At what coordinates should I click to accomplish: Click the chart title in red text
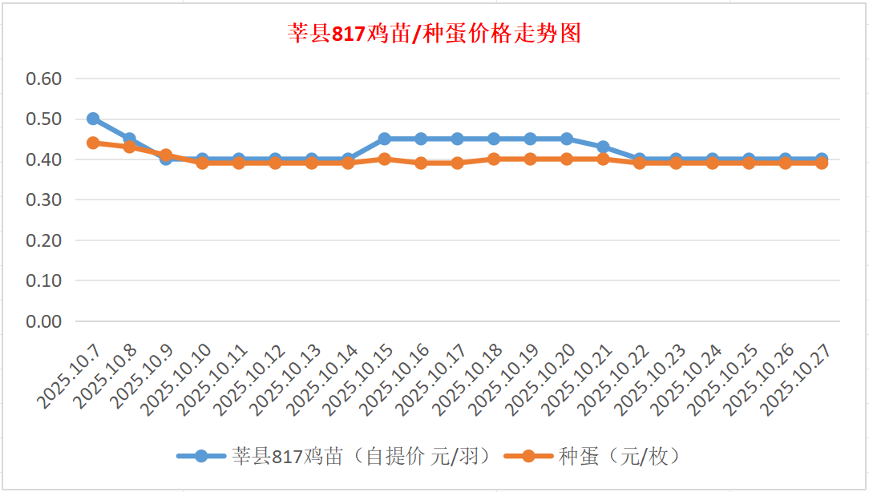(x=434, y=34)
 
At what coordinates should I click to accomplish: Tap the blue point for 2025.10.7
(x=93, y=119)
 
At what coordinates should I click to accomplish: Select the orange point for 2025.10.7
(x=93, y=143)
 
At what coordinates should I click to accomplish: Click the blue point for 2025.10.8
(x=129, y=139)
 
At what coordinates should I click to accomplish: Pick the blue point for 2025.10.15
(x=384, y=139)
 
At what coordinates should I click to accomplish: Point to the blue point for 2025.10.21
(x=603, y=147)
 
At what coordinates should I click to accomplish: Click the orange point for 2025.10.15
(x=384, y=159)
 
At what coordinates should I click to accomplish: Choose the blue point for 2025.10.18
(x=494, y=139)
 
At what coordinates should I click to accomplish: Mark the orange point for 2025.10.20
(x=567, y=159)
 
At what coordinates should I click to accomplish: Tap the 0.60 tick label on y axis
(x=44, y=79)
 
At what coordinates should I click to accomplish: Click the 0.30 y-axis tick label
(x=44, y=200)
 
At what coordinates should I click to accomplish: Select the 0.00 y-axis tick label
(x=44, y=321)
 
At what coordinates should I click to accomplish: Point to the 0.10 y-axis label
(x=44, y=280)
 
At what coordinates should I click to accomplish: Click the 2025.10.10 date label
(x=179, y=377)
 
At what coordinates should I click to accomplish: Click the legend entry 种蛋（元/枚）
(x=619, y=456)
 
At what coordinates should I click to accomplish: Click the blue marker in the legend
(x=200, y=456)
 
